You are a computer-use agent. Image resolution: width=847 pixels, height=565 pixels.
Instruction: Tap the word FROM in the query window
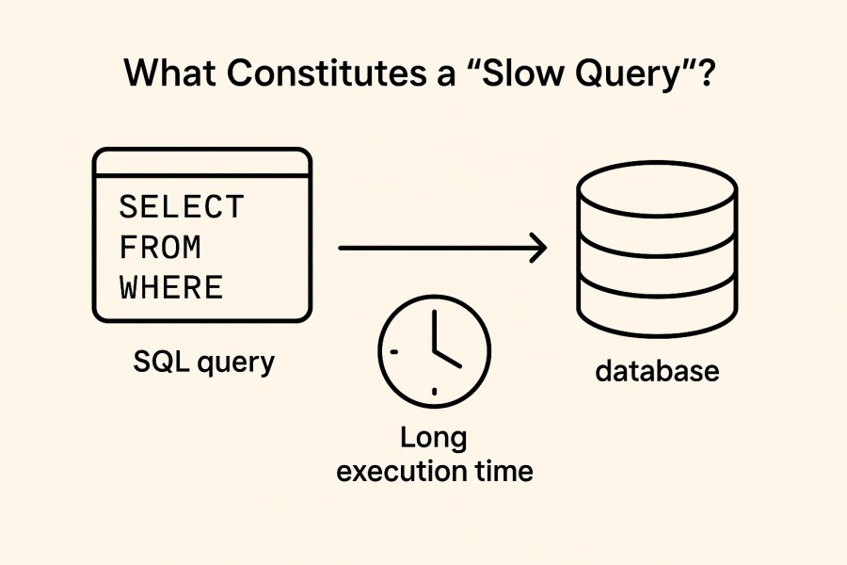pos(161,248)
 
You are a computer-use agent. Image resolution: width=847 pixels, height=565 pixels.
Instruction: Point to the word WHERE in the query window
pos(172,287)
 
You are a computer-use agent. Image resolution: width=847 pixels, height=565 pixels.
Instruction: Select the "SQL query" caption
pos(204,363)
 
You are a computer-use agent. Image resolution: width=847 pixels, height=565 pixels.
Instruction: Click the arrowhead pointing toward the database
pos(538,249)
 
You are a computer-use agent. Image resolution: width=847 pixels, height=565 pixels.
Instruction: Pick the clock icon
pos(434,347)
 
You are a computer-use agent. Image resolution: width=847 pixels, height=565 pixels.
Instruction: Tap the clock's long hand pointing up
pos(434,330)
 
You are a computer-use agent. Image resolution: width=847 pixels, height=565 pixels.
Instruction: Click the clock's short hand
pos(448,358)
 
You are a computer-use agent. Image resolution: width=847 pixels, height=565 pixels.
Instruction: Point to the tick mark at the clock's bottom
pos(434,389)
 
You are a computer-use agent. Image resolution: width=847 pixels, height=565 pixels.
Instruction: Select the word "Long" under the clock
pos(434,439)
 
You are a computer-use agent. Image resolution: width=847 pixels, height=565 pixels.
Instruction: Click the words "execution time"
pos(435,471)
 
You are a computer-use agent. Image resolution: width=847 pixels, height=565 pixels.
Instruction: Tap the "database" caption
pos(657,370)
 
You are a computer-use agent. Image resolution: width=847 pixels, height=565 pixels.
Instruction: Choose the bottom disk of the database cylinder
pos(656,306)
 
